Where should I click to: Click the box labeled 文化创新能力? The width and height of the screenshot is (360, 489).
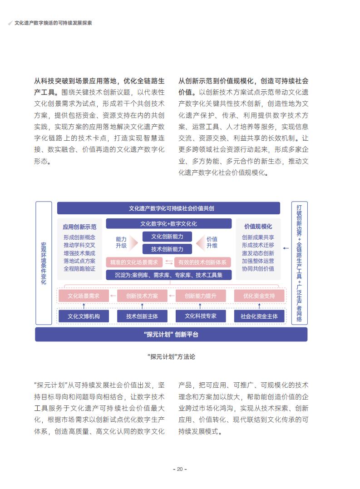(x=167, y=237)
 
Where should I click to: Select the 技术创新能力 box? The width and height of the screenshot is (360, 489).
(x=167, y=249)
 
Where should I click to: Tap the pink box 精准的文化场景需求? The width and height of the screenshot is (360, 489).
(x=134, y=262)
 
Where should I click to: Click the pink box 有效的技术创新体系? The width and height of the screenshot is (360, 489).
(x=202, y=262)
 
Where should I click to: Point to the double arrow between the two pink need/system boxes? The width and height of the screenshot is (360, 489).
(x=168, y=262)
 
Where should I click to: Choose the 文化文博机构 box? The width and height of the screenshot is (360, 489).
(x=84, y=316)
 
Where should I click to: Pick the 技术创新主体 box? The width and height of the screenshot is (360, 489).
(x=142, y=316)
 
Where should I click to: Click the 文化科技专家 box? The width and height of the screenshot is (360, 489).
(x=201, y=316)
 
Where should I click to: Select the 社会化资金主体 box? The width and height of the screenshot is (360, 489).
(x=259, y=316)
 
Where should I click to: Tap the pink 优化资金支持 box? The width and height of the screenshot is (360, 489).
(x=259, y=296)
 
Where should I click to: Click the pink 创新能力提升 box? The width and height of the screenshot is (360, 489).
(x=201, y=296)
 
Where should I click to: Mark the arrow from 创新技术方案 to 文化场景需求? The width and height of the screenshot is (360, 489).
(x=113, y=296)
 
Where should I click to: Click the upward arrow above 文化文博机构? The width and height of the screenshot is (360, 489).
(x=84, y=306)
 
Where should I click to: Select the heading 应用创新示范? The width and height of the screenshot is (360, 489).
(x=79, y=227)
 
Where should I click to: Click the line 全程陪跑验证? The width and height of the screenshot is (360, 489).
(x=79, y=269)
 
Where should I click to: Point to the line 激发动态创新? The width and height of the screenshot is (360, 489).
(x=258, y=253)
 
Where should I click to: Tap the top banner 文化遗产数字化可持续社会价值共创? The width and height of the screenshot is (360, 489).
(x=168, y=208)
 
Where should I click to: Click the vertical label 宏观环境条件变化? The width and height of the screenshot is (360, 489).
(x=44, y=263)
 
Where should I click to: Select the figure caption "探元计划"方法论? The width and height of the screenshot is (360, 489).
(x=171, y=357)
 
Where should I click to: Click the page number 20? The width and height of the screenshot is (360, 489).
(x=180, y=469)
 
